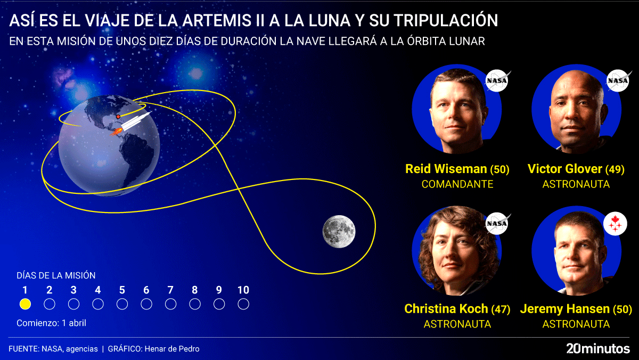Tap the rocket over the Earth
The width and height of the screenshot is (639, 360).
click(x=133, y=123)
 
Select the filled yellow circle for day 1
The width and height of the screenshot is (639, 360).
click(x=25, y=304)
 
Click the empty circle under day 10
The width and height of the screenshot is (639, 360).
click(x=243, y=304)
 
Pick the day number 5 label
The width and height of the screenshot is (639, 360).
click(x=122, y=290)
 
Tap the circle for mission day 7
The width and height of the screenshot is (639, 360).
click(x=170, y=304)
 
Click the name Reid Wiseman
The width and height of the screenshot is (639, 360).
click(x=446, y=169)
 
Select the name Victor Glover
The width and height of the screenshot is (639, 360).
click(x=564, y=169)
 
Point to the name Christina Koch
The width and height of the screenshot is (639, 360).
click(x=446, y=309)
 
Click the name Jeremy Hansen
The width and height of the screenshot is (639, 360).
click(x=564, y=309)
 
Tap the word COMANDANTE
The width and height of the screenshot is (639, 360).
click(x=457, y=184)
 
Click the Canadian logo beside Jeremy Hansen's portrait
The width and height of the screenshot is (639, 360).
click(x=615, y=224)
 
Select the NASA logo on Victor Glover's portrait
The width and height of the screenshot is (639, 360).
click(x=618, y=81)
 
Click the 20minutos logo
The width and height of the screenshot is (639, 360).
click(x=598, y=349)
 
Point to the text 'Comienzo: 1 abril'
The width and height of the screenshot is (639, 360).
click(x=51, y=323)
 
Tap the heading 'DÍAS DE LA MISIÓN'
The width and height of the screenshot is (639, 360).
click(x=56, y=275)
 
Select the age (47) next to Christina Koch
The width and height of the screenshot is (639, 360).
click(x=501, y=309)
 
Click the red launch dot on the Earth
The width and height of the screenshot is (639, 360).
click(x=118, y=116)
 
